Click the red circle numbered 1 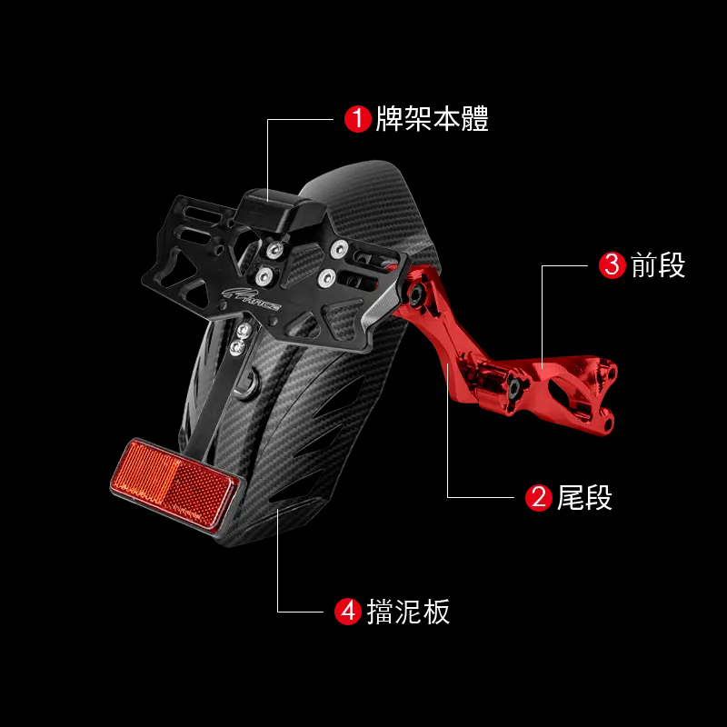(357, 119)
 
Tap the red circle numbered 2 (539, 497)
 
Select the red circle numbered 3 (613, 265)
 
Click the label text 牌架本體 (433, 119)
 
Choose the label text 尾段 (585, 497)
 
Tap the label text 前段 (659, 265)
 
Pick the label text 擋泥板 (409, 612)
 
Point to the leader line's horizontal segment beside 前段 (568, 265)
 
